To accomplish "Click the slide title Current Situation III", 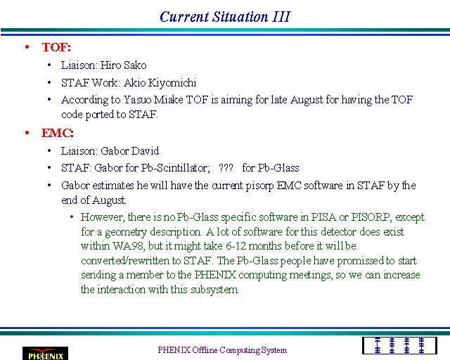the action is tap(225, 17).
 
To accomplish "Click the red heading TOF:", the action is tap(56, 47).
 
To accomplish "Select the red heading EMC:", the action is tap(58, 133).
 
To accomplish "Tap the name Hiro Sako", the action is tap(124, 65).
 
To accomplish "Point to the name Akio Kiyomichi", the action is tap(160, 83).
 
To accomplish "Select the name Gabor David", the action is tap(130, 150).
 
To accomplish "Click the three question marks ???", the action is tap(226, 167).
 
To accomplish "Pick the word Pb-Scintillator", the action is tap(175, 167).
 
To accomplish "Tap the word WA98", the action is tap(129, 246).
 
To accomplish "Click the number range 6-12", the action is tap(236, 246).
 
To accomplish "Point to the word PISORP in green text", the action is tap(371, 217).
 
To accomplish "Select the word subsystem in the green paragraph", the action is tap(214, 290).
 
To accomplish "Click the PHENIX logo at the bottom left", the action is tap(45, 354).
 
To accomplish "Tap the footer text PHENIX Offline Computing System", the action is tap(222, 350).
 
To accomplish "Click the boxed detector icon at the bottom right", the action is tap(399, 346).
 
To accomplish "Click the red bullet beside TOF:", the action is tap(27, 47).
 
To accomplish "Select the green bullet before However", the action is tap(72, 217).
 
